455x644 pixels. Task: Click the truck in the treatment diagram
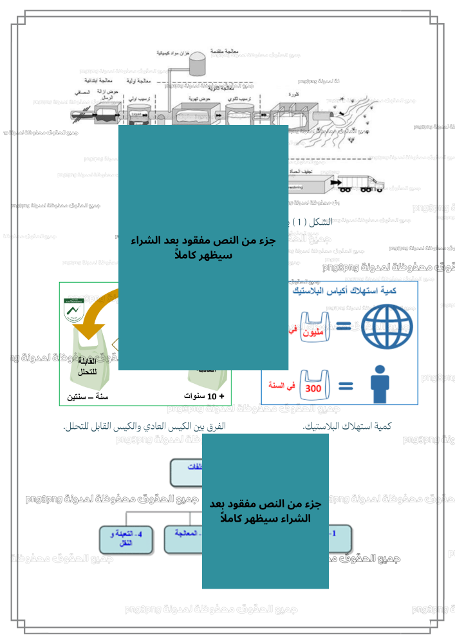[x=360, y=184]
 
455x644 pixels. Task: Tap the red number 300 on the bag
[x=313, y=389]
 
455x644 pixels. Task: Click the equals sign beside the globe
[x=346, y=325]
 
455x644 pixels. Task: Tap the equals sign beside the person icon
[x=346, y=387]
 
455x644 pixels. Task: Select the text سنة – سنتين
[x=88, y=397]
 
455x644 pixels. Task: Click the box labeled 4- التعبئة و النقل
[x=127, y=539]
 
